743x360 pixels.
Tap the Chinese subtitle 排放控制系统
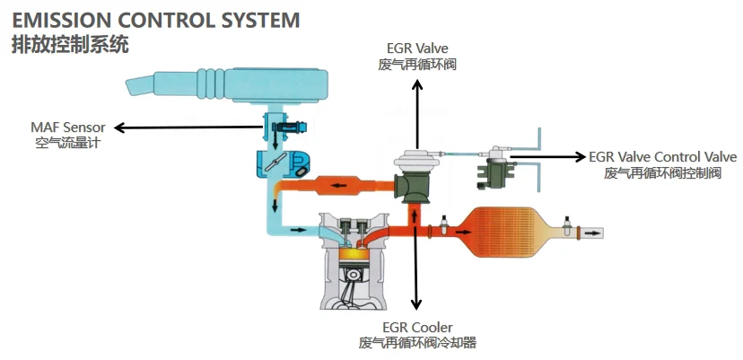[70, 45]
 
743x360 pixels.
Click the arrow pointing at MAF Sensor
[188, 127]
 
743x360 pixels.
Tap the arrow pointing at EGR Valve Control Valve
[547, 156]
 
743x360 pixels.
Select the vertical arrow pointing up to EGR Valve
[417, 114]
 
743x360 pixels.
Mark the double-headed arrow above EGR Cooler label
[416, 259]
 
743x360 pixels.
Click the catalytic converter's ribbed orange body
[506, 232]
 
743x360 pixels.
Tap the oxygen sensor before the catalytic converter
[444, 224]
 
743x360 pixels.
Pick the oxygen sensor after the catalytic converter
[566, 225]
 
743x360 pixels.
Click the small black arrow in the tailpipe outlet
[592, 233]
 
